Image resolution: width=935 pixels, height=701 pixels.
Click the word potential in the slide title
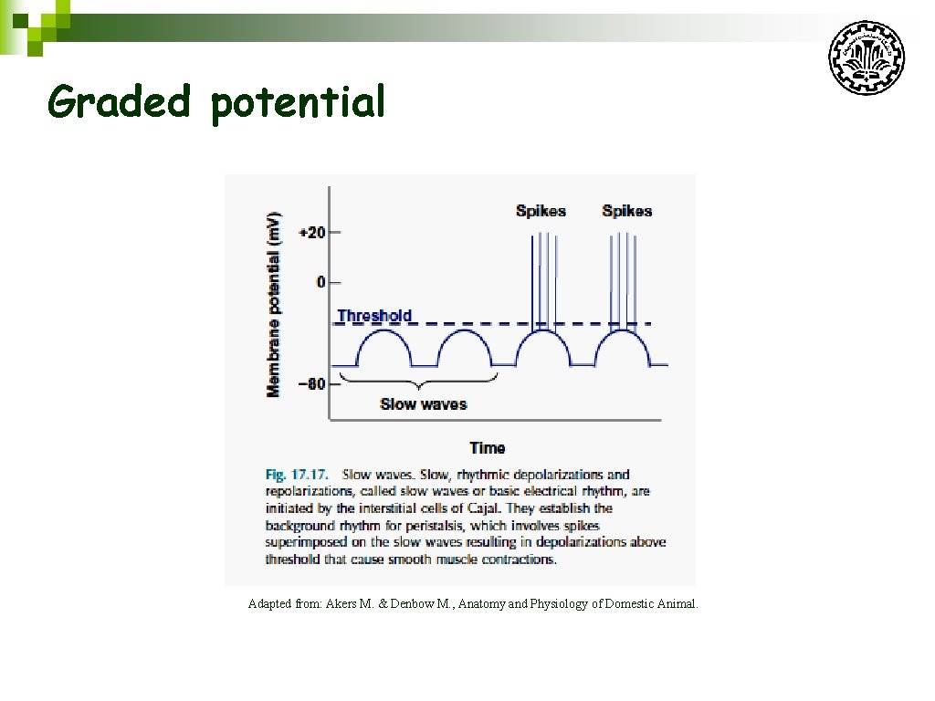coord(299,103)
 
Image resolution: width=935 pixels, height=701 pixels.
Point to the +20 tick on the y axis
coord(312,232)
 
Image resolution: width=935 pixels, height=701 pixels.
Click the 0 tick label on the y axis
coord(320,282)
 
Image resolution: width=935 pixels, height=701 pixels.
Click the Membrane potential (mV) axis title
coord(274,305)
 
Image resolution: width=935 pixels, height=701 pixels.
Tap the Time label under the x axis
coord(487,447)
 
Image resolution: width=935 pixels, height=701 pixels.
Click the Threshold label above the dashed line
coord(374,316)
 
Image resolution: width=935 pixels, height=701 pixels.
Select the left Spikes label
coord(541,211)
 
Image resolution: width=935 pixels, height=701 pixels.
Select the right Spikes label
coord(626,211)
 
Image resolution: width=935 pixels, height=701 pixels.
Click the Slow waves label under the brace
coord(423,403)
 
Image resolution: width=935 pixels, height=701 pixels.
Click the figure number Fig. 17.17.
coord(298,475)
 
